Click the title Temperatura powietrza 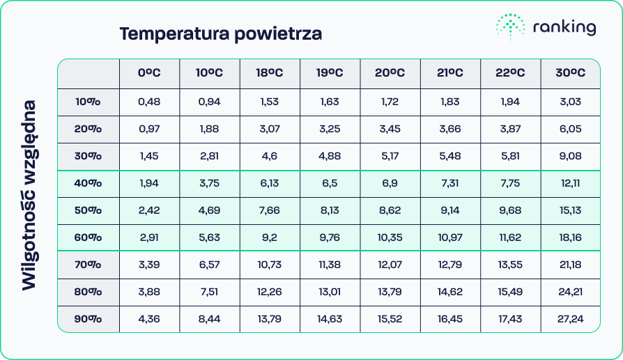point(220,33)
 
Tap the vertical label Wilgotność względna point(29,194)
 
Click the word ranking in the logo point(564,28)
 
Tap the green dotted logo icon point(510,27)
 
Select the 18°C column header point(270,73)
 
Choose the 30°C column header point(570,73)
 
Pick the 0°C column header point(149,73)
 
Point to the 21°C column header point(450,73)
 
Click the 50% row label point(89,210)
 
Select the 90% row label point(89,319)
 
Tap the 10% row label point(89,102)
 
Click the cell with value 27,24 point(570,319)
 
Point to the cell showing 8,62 point(390,210)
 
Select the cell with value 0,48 point(149,102)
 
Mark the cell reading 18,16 point(570,237)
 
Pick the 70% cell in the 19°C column point(330,265)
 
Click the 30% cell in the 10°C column point(209,156)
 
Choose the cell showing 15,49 point(510,292)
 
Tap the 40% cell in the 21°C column point(450,183)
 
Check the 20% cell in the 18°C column point(270,129)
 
